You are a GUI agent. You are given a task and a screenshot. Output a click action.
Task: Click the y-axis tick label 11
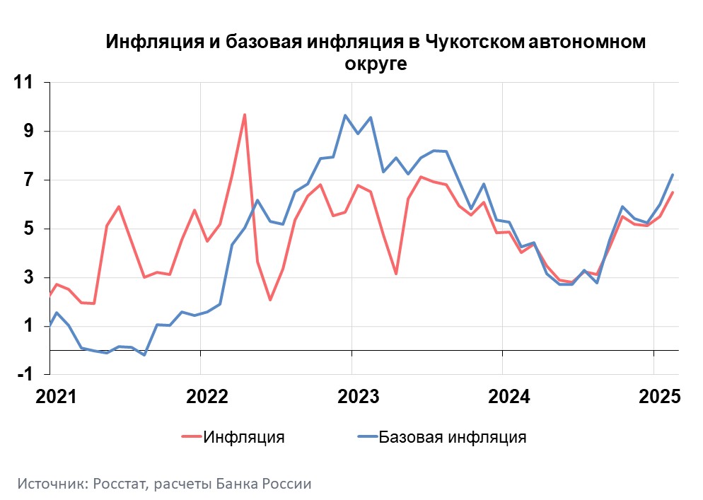(x=25, y=83)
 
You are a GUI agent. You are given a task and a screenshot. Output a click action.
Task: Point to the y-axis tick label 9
(x=29, y=132)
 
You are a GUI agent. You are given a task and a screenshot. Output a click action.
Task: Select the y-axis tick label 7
(x=29, y=180)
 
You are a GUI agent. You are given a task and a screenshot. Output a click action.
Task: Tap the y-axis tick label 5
(x=29, y=229)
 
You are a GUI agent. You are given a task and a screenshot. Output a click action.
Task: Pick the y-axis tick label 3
(x=29, y=278)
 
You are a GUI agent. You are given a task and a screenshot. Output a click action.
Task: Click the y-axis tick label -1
(x=25, y=375)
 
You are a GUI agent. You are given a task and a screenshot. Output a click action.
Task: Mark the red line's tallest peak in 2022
(x=245, y=115)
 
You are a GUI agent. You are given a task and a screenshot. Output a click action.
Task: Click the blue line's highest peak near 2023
(x=345, y=115)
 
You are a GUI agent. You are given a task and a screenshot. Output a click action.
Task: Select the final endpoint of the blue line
(x=673, y=175)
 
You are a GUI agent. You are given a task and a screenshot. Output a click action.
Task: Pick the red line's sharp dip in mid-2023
(x=396, y=274)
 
